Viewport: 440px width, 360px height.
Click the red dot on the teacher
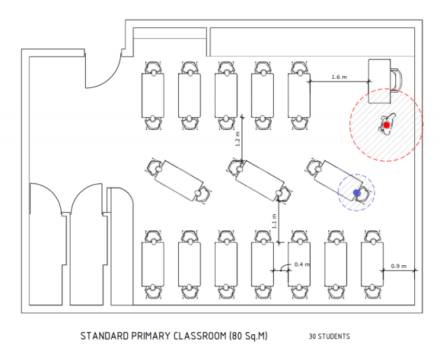pos(386,125)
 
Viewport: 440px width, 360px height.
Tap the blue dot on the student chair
pos(356,192)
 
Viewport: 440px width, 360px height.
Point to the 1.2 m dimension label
pos(237,139)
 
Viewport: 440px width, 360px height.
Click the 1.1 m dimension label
pos(274,220)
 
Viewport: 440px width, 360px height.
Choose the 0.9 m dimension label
pos(399,265)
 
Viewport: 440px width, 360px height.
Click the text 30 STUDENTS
pos(329,336)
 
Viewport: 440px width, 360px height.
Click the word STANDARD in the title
pos(103,336)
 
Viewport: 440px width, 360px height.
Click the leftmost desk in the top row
pos(153,95)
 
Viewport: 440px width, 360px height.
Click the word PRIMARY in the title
pos(148,336)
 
